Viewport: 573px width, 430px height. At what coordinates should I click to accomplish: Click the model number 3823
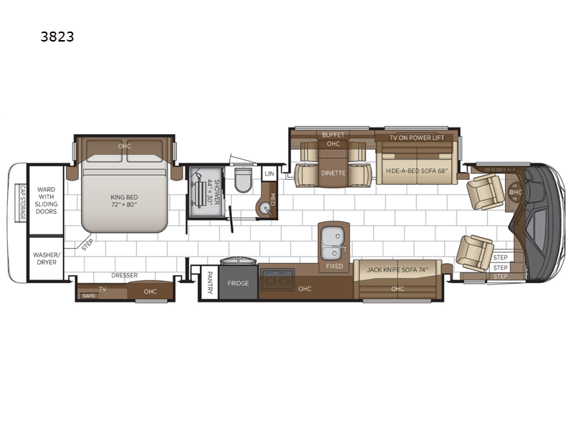pyautogui.click(x=57, y=37)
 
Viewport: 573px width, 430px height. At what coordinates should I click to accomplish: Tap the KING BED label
pyautogui.click(x=124, y=198)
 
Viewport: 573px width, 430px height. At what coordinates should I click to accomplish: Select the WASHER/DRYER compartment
pyautogui.click(x=47, y=259)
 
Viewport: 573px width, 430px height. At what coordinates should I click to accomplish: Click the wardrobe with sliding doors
pyautogui.click(x=47, y=200)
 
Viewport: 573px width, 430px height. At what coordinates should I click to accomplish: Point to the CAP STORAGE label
pyautogui.click(x=23, y=203)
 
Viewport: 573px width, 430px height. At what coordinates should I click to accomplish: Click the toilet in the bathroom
pyautogui.click(x=243, y=180)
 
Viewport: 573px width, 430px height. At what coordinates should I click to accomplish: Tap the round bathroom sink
pyautogui.click(x=264, y=208)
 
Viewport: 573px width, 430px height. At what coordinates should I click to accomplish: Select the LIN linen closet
pyautogui.click(x=269, y=173)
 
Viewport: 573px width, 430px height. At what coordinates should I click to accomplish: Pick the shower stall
pyautogui.click(x=206, y=192)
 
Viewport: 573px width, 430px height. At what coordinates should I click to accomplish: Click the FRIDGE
pyautogui.click(x=239, y=282)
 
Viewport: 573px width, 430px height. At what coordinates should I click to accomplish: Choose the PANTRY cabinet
pyautogui.click(x=210, y=282)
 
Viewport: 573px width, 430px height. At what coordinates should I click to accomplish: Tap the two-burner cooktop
pyautogui.click(x=277, y=279)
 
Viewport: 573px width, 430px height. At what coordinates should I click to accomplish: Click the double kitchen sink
pyautogui.click(x=333, y=242)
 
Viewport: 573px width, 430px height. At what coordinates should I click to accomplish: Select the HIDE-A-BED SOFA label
pyautogui.click(x=417, y=171)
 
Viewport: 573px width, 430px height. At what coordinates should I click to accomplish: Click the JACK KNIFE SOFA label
pyautogui.click(x=398, y=270)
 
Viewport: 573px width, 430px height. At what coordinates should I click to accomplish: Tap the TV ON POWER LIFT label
pyautogui.click(x=417, y=138)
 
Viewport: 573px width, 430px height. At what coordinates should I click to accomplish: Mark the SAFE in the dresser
pyautogui.click(x=89, y=295)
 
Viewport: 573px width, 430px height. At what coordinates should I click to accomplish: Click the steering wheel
pyautogui.click(x=515, y=192)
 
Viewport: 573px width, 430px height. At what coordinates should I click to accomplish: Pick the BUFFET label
pyautogui.click(x=333, y=135)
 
